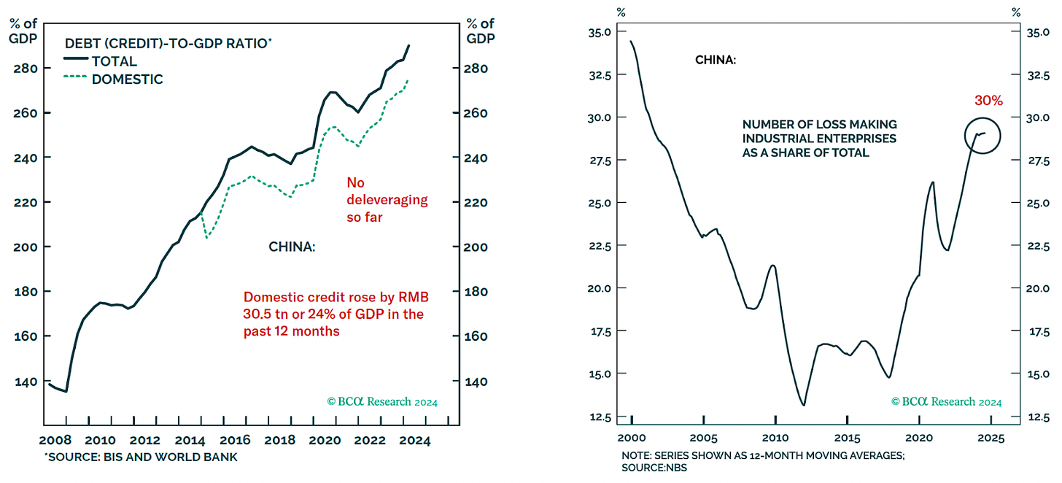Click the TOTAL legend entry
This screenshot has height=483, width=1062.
pyautogui.click(x=114, y=61)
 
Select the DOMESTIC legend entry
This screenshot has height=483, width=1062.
pyautogui.click(x=127, y=80)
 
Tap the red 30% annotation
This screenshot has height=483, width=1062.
pyautogui.click(x=988, y=101)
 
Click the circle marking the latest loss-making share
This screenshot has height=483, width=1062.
pyautogui.click(x=982, y=135)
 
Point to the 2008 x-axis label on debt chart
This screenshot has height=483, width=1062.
pyautogui.click(x=55, y=441)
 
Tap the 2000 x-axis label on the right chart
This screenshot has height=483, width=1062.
pyautogui.click(x=631, y=438)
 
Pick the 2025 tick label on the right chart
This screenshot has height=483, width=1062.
pyautogui.click(x=990, y=438)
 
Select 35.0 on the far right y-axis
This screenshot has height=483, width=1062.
pyautogui.click(x=1037, y=33)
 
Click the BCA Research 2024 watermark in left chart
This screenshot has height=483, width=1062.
pyautogui.click(x=382, y=401)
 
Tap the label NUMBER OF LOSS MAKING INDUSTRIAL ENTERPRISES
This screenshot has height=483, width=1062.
pyautogui.click(x=819, y=139)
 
